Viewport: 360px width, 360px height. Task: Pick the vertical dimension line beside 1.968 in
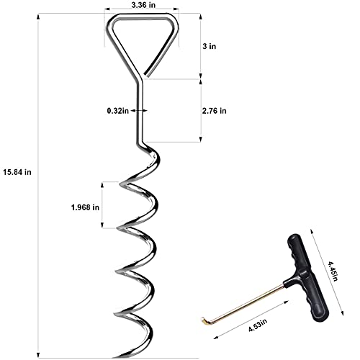pyautogui.click(x=103, y=206)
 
